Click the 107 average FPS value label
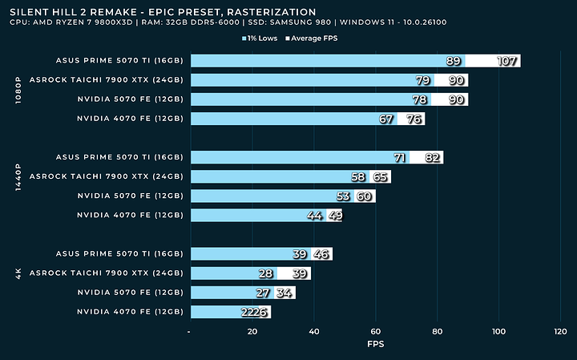(507, 61)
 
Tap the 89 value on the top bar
(454, 61)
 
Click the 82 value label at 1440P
(433, 157)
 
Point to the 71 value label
(399, 157)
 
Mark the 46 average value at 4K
(322, 254)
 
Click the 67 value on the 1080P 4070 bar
(387, 119)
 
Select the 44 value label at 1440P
(316, 216)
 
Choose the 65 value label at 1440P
(381, 176)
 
